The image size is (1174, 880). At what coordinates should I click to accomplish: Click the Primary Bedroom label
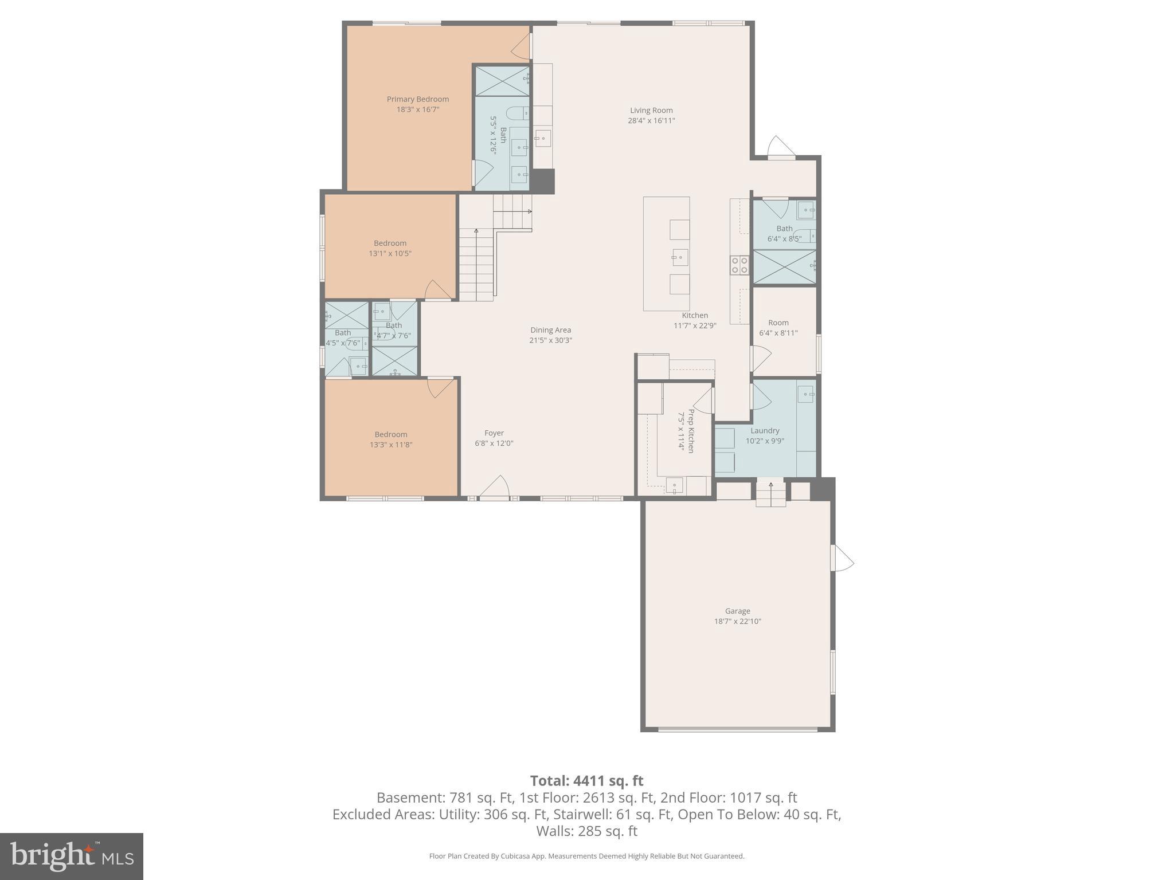click(417, 99)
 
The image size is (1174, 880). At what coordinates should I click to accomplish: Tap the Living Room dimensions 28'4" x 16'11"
click(651, 121)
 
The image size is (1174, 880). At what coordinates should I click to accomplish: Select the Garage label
click(737, 611)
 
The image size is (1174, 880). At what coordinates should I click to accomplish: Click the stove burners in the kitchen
click(739, 265)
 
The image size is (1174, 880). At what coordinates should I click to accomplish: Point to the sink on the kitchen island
click(680, 257)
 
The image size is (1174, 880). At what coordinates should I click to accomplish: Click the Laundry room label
click(765, 431)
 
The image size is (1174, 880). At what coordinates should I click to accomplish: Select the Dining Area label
click(550, 330)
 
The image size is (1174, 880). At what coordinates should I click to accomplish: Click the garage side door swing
click(843, 558)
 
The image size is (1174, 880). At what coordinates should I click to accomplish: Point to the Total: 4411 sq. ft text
click(586, 781)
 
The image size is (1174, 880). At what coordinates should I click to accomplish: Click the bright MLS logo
click(72, 856)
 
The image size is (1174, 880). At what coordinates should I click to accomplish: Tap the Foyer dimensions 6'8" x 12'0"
click(494, 443)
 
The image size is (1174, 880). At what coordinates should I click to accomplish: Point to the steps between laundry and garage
click(770, 494)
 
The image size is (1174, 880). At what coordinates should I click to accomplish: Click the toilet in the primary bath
click(518, 113)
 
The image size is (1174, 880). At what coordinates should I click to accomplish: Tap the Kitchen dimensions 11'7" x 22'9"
click(695, 326)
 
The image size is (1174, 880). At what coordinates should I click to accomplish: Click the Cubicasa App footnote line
click(586, 856)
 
